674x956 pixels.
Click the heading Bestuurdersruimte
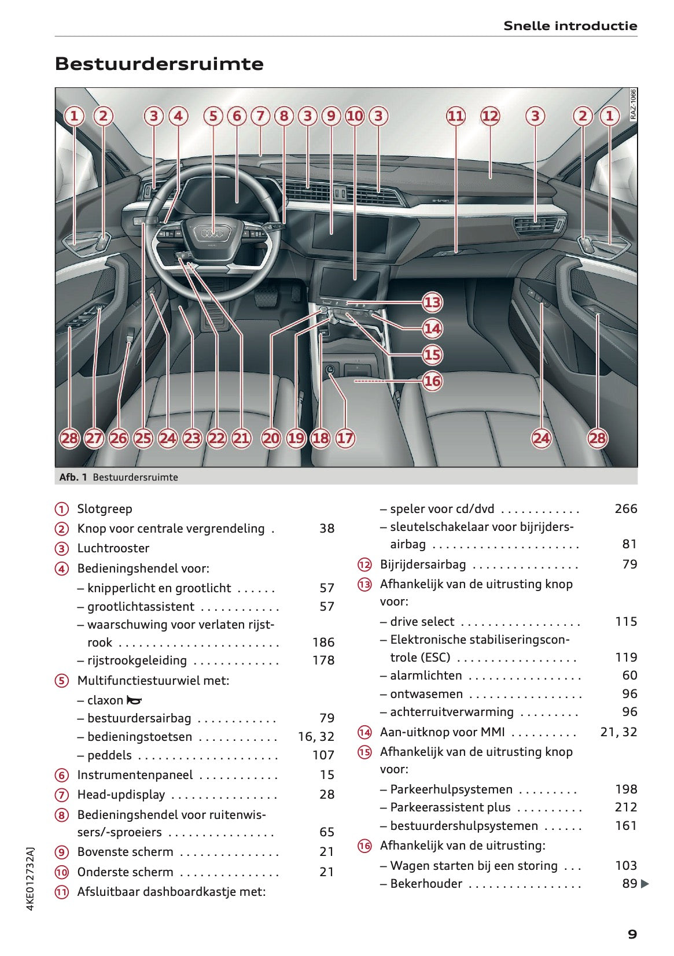point(159,64)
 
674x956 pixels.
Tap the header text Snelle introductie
point(570,25)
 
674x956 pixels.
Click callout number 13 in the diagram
point(432,302)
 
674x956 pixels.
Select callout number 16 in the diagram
point(432,381)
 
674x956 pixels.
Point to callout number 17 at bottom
point(345,438)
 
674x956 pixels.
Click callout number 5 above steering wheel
point(213,116)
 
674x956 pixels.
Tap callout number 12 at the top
point(489,116)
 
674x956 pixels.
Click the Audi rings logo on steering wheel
point(212,234)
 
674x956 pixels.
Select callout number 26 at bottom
point(119,438)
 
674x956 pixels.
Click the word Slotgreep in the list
point(105,509)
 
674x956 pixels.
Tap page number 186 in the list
point(323,642)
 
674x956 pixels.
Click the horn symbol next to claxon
point(134,700)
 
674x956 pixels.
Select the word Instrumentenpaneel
point(135,775)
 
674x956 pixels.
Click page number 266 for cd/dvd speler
point(625,509)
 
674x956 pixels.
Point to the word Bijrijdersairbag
point(422,564)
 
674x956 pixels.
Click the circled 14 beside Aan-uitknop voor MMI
point(364,732)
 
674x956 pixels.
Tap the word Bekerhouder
point(426,884)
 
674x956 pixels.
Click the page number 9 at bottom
point(632,934)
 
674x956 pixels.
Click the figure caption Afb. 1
point(73,477)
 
